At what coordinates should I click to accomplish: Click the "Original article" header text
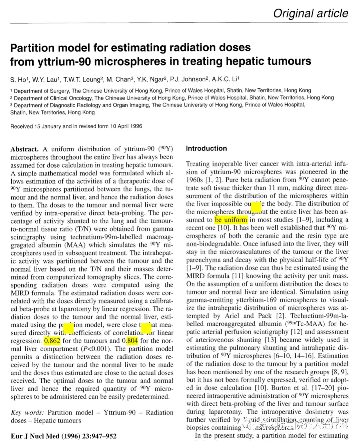tap(310, 13)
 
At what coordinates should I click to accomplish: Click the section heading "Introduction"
tap(206, 149)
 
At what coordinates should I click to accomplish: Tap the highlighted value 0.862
tap(52, 341)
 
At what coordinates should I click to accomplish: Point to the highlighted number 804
tap(132, 341)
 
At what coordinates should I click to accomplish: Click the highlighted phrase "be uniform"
tap(231, 220)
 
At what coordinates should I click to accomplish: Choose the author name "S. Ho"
tap(18, 80)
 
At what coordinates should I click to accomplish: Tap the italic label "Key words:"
tap(27, 413)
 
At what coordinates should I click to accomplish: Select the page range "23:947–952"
tap(99, 436)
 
